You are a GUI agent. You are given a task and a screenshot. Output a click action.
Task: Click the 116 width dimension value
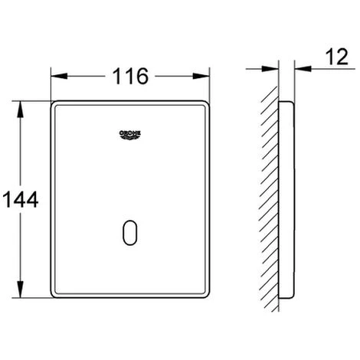click(x=130, y=76)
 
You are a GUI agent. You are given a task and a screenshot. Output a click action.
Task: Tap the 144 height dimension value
click(x=21, y=199)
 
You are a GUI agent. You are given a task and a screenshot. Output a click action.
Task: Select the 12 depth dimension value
click(x=337, y=57)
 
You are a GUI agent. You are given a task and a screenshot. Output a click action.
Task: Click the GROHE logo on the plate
click(x=130, y=135)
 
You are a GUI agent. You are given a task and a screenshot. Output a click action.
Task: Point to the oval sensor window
click(x=130, y=233)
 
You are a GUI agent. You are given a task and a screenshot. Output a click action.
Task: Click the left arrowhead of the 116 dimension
click(x=59, y=76)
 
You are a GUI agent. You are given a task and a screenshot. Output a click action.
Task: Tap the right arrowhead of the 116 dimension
click(x=201, y=76)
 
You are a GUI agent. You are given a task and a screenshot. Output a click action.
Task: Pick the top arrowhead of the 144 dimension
click(x=20, y=110)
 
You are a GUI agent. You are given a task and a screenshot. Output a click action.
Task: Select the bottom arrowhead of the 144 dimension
click(x=20, y=290)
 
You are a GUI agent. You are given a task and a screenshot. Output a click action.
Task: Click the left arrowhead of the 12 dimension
click(x=270, y=69)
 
